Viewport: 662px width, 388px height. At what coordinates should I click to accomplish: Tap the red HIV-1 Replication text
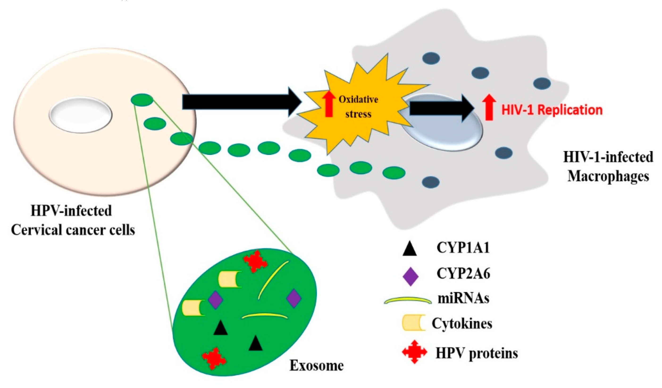click(x=552, y=110)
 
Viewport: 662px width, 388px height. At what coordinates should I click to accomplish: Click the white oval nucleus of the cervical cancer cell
click(x=80, y=115)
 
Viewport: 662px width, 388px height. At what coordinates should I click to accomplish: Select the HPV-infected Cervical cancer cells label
click(x=73, y=220)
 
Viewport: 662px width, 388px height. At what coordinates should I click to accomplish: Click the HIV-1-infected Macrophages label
click(x=608, y=167)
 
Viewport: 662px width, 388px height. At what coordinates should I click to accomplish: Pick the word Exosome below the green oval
click(x=316, y=365)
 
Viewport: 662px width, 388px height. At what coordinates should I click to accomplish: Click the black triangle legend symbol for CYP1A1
click(x=410, y=250)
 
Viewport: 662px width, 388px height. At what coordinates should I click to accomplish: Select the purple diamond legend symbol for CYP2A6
click(x=410, y=276)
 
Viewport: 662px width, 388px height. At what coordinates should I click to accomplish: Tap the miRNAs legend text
click(x=463, y=298)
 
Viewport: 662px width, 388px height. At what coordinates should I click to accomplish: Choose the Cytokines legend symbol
click(x=414, y=323)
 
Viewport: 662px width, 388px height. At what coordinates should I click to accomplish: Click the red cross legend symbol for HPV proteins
click(x=414, y=352)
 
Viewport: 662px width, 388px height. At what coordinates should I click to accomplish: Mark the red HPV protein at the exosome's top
click(x=255, y=261)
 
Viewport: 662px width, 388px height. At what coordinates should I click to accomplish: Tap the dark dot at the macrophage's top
click(x=431, y=58)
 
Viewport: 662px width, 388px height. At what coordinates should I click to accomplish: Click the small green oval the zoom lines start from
click(x=142, y=100)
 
